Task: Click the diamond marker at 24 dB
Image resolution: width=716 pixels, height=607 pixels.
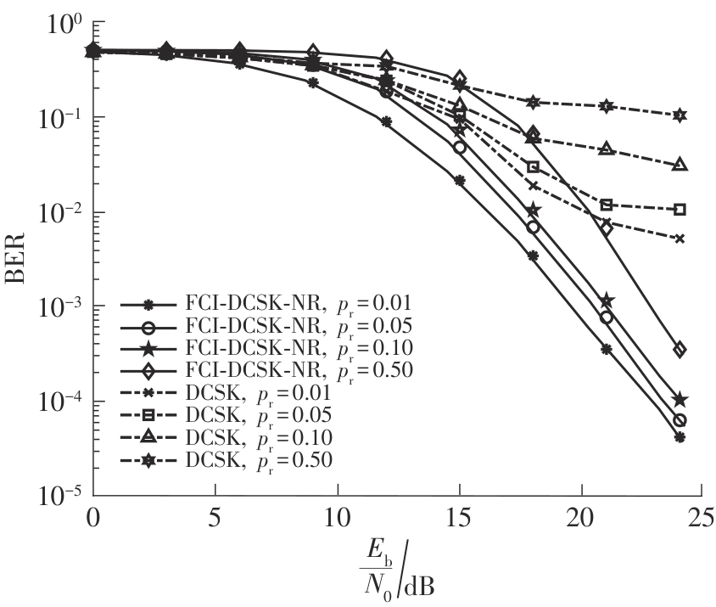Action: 679,350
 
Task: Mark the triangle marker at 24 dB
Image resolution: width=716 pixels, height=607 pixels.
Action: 679,165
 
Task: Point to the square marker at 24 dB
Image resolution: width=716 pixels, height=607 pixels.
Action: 679,210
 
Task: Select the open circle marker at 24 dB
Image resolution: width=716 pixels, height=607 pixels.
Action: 679,420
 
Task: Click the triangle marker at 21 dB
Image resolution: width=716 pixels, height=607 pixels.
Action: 606,149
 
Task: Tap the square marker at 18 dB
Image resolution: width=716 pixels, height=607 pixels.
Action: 533,166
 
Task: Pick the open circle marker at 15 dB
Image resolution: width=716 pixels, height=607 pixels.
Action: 460,147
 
